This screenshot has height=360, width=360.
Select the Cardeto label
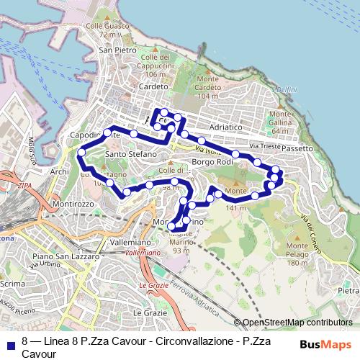tap(153, 86)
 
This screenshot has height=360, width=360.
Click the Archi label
tap(59, 172)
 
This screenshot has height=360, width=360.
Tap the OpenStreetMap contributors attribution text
tap(297, 323)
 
